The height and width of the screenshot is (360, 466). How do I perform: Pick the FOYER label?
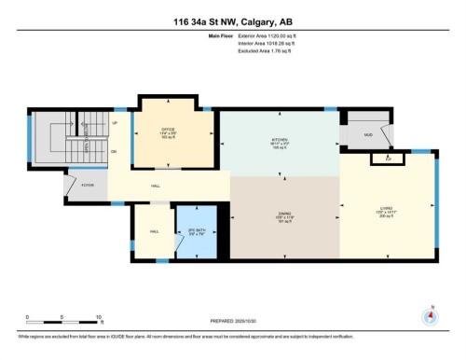point(89,186)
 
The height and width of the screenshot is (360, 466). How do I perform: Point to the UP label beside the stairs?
point(115,122)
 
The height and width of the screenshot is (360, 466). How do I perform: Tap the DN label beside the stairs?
point(115,151)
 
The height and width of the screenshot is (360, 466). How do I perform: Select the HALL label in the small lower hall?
point(155,230)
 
